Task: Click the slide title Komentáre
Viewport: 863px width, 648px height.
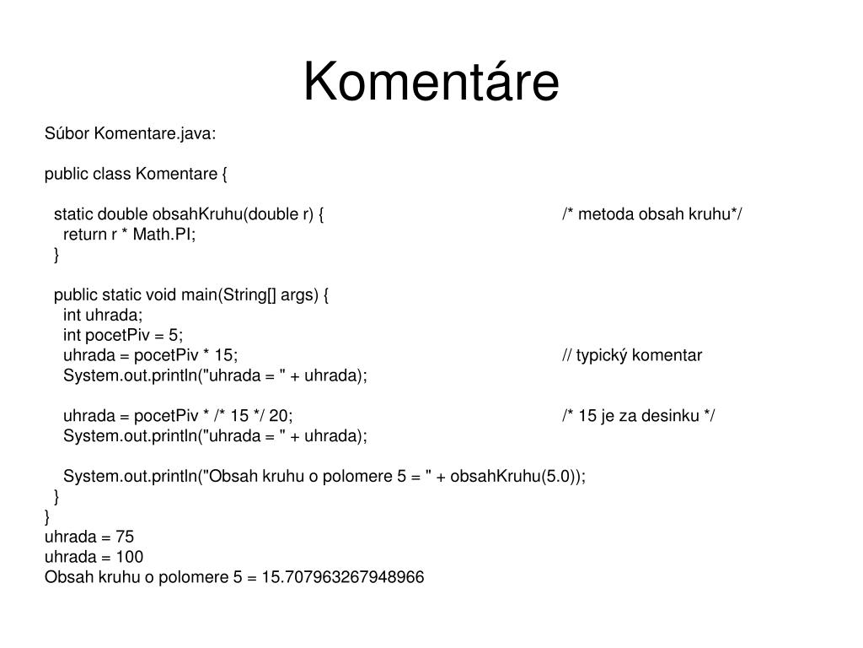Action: [431, 83]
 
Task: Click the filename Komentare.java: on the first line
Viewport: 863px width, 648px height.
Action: [154, 133]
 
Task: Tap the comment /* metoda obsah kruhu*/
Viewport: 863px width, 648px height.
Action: [652, 214]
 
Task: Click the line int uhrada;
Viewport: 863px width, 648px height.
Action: [103, 315]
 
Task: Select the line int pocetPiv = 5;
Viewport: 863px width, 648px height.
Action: [123, 335]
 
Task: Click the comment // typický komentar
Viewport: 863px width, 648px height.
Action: [632, 355]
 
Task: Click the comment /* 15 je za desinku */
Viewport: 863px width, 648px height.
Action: [639, 416]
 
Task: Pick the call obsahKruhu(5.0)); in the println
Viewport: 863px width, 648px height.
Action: [517, 476]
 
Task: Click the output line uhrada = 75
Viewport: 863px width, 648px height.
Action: [89, 537]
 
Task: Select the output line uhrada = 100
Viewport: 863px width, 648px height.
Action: [94, 557]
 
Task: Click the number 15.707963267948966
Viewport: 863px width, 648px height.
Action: [344, 577]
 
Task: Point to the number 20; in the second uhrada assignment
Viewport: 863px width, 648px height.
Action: [281, 416]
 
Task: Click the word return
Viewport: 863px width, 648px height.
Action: [84, 235]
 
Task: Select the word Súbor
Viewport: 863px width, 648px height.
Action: [67, 133]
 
